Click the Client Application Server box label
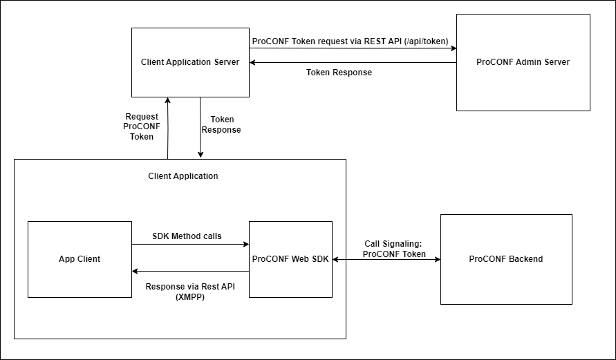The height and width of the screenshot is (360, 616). point(190,62)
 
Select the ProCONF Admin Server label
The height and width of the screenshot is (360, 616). point(523,62)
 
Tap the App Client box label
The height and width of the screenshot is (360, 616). point(80,259)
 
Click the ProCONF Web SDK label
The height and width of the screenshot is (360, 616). point(290,259)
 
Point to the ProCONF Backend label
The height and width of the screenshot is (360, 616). point(506,259)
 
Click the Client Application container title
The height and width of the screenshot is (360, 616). point(183,176)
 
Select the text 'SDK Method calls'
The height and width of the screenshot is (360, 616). point(187,236)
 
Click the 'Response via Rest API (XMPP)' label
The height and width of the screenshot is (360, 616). point(190,292)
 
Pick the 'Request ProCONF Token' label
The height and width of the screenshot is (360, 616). point(142,126)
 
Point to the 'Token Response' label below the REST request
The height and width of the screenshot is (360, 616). point(339,73)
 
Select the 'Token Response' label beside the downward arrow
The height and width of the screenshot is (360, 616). point(221,124)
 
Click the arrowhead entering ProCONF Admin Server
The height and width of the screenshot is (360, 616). point(452,48)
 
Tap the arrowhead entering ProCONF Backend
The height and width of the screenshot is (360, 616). point(437,259)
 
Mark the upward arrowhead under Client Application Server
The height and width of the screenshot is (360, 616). point(167,101)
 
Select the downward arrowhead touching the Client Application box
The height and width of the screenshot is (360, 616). point(200,155)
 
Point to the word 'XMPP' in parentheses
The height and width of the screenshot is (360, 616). point(190,297)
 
